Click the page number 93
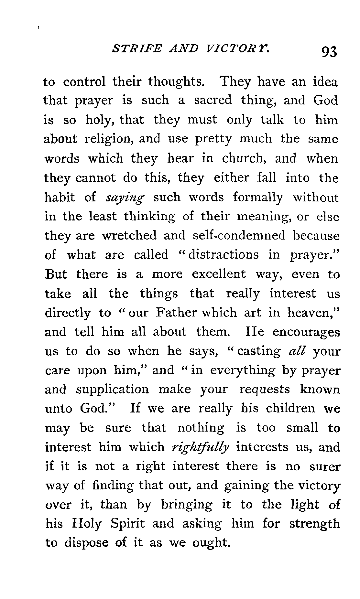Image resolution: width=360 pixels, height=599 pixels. (329, 51)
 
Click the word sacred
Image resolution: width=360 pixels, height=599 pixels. (213, 101)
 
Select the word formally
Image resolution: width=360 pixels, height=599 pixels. (258, 197)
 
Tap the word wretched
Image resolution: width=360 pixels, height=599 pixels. (129, 236)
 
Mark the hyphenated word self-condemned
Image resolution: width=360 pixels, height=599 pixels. (239, 236)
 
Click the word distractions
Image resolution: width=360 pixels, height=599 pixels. (224, 255)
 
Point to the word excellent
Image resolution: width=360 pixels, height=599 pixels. (218, 274)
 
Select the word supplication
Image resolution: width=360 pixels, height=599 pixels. (113, 390)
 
